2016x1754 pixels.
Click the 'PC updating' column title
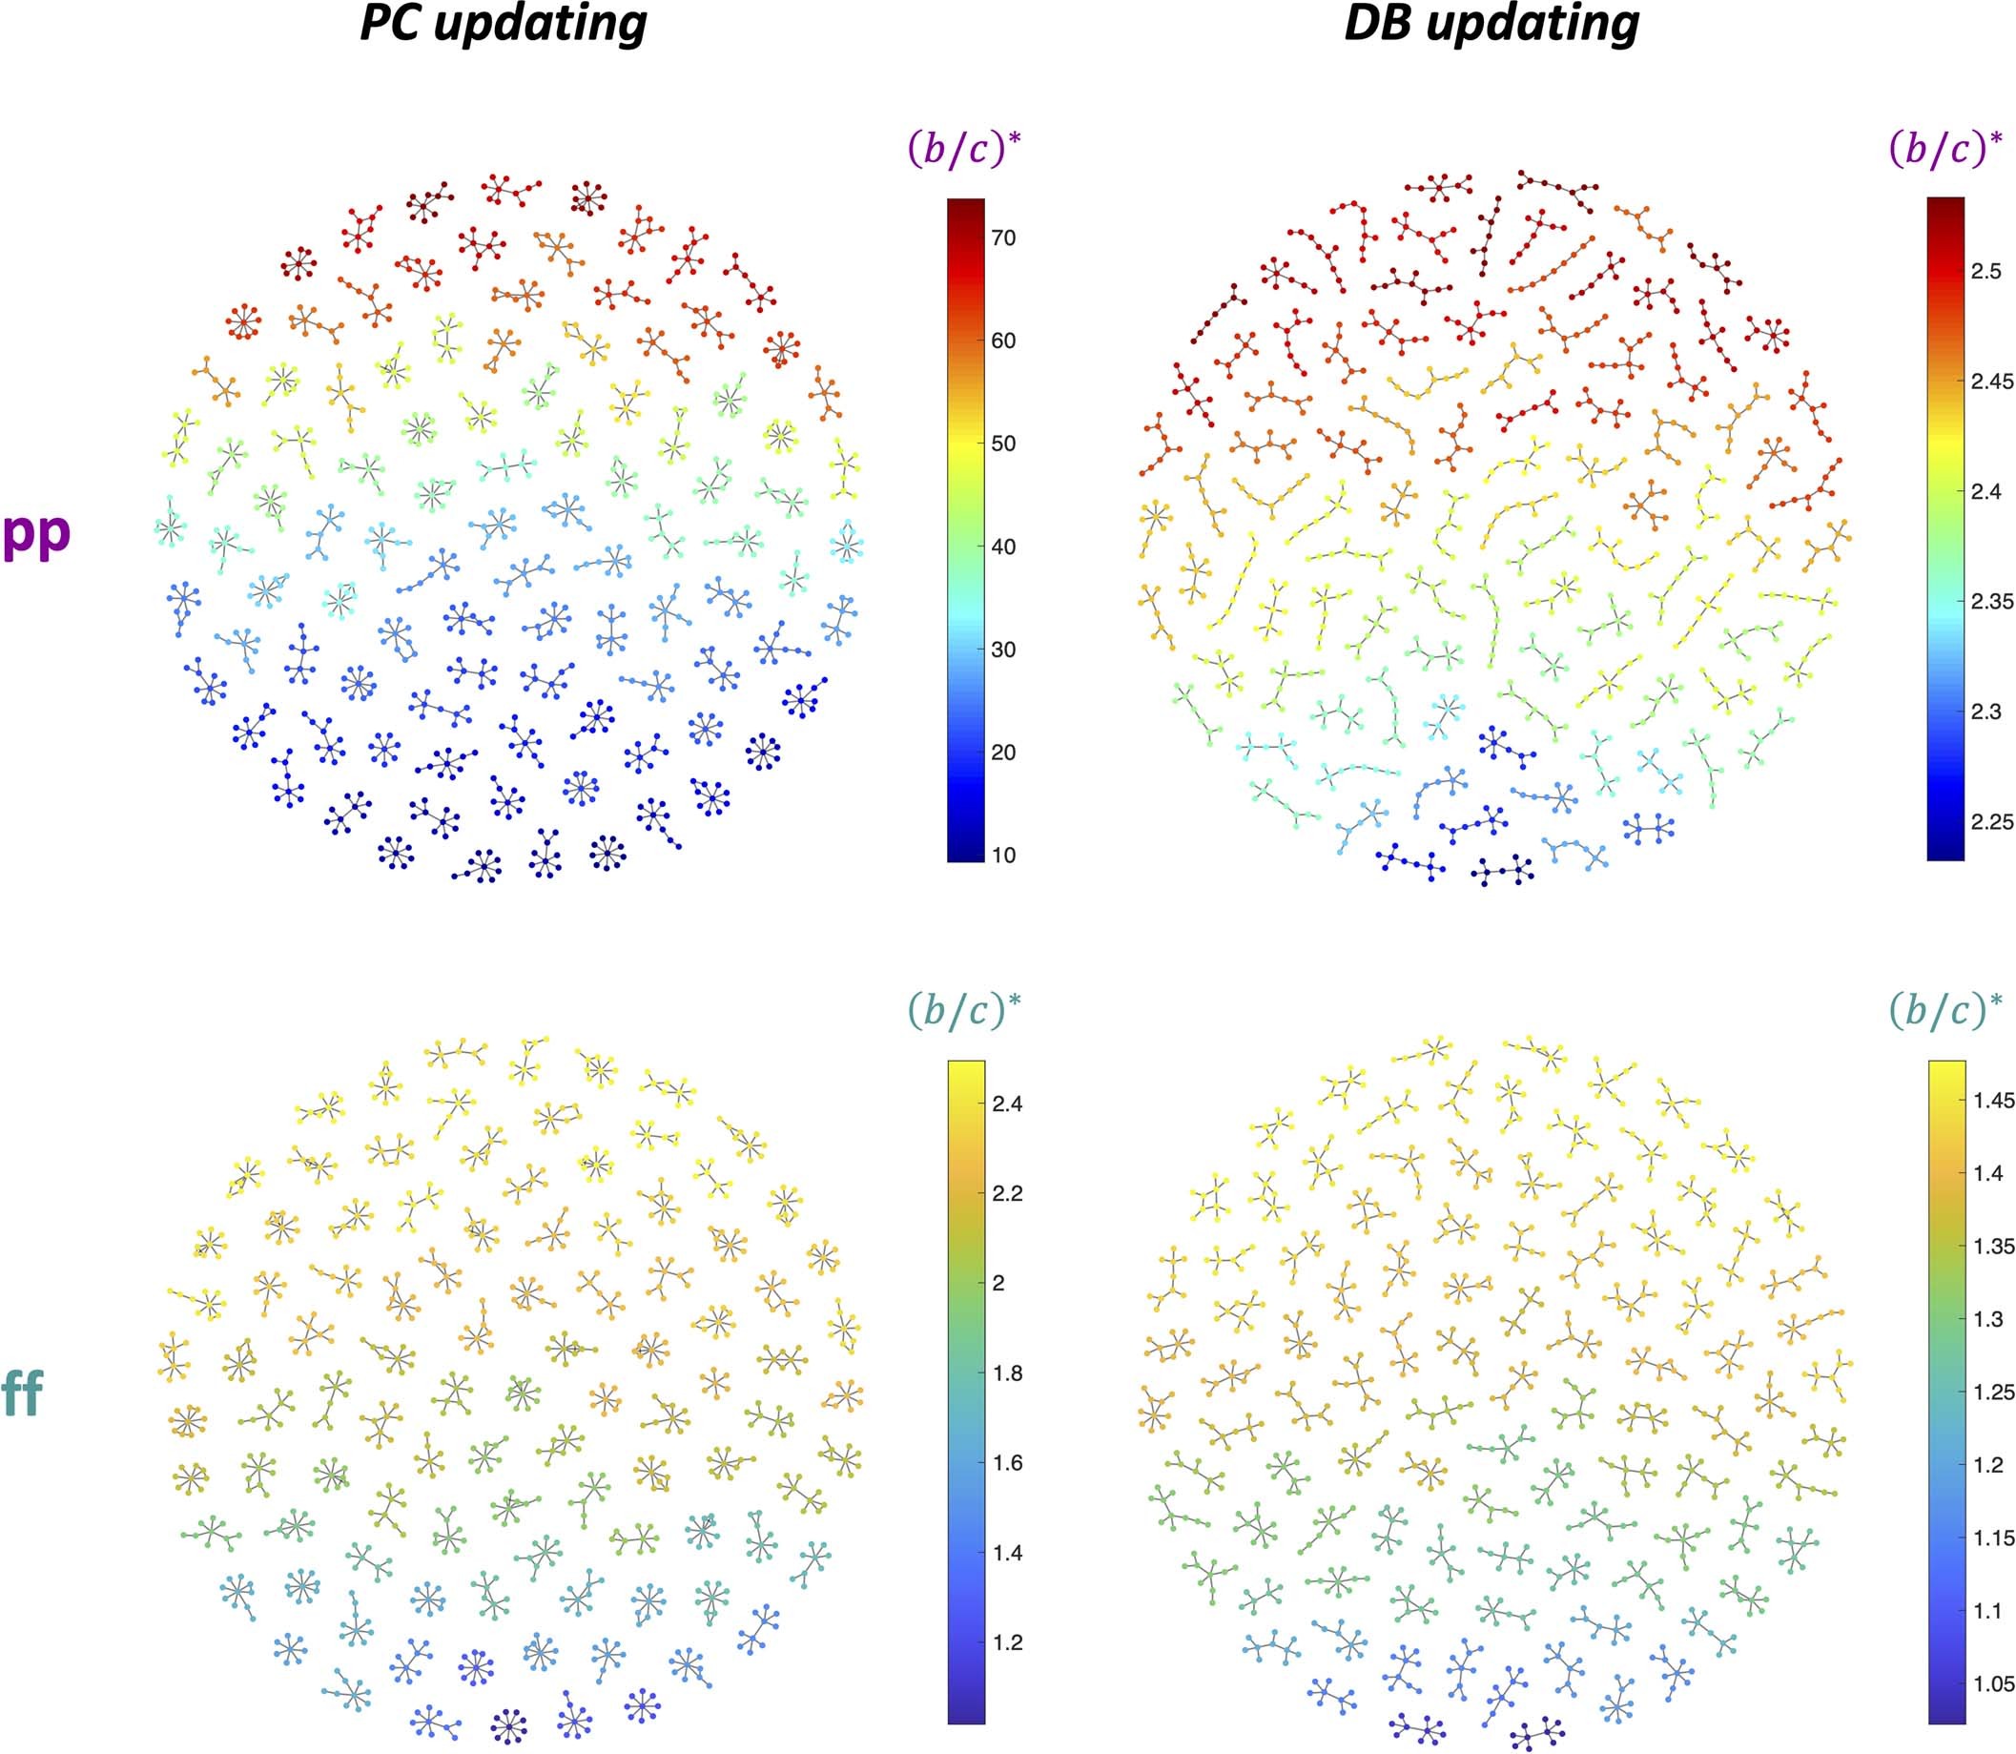[503, 24]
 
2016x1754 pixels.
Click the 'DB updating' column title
[1491, 24]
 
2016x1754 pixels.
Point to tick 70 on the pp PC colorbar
[1003, 237]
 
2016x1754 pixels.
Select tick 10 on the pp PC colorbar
[1003, 855]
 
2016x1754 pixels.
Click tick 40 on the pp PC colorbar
[1003, 547]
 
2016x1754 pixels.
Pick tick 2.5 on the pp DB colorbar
[1985, 271]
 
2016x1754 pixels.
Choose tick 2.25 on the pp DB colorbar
[1991, 822]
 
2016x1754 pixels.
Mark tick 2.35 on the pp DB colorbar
[1991, 601]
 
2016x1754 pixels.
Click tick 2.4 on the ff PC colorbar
[1007, 1104]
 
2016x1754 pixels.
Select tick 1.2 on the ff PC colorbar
[1007, 1641]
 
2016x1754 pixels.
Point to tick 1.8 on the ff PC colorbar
[1007, 1373]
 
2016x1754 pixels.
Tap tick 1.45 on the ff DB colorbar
[1993, 1100]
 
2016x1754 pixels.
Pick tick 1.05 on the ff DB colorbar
[1993, 1682]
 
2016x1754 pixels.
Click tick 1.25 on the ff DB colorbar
[1993, 1392]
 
